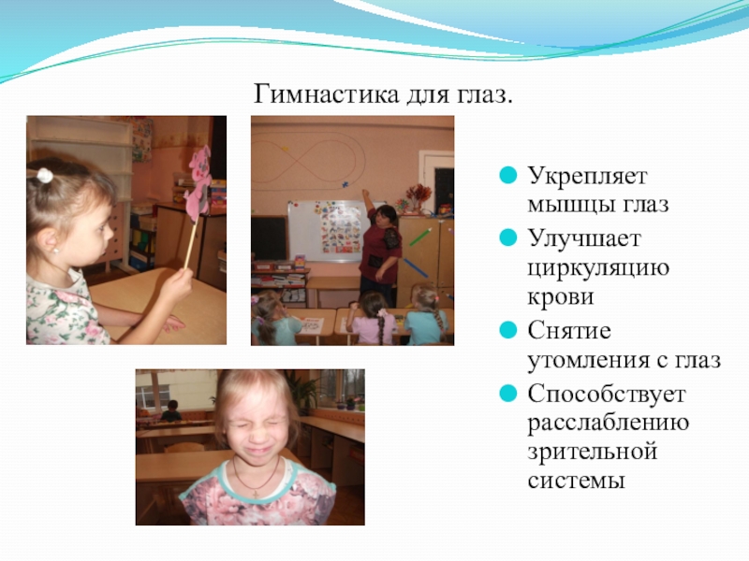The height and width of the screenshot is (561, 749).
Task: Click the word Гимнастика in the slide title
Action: (325, 93)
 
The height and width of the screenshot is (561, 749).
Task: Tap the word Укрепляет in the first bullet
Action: (587, 176)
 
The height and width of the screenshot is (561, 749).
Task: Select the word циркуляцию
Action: (598, 268)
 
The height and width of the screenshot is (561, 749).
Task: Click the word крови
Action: (561, 296)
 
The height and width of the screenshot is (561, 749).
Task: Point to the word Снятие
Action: (569, 330)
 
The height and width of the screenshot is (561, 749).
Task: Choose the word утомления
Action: (587, 360)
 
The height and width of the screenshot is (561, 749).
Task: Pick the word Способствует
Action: (606, 394)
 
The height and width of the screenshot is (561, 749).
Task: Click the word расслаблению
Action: (608, 424)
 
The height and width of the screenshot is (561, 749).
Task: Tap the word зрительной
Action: (593, 453)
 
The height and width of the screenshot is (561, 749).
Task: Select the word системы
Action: (576, 480)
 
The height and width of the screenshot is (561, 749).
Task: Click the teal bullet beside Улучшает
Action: (507, 237)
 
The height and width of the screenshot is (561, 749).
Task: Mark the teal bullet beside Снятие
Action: (507, 330)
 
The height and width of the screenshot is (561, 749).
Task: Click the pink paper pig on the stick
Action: (198, 183)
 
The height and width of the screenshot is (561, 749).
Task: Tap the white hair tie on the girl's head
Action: (45, 176)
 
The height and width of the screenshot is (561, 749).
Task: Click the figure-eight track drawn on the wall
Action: (309, 156)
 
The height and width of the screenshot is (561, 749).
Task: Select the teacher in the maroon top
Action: (381, 249)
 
